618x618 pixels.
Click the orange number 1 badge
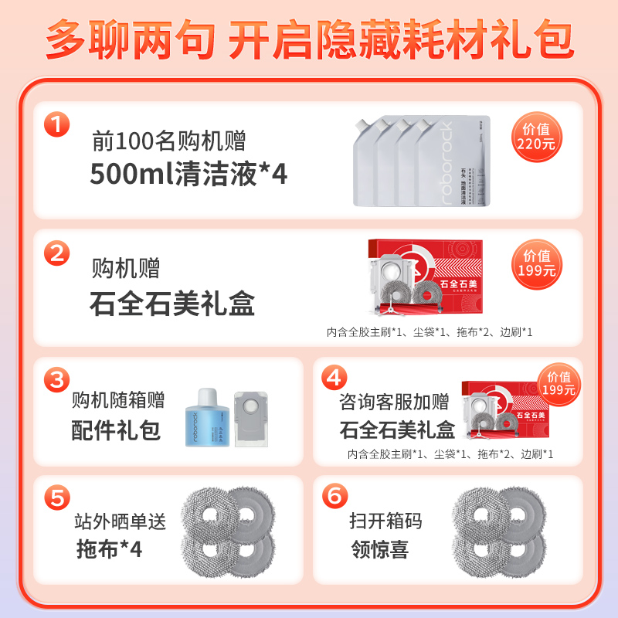tap(57, 125)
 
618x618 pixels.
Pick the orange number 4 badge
tap(334, 378)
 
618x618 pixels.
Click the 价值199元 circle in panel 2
tap(538, 263)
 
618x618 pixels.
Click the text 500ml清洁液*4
tap(188, 174)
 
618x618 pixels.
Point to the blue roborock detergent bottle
tap(206, 419)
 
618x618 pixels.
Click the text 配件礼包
tap(116, 430)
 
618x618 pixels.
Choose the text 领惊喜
tap(379, 549)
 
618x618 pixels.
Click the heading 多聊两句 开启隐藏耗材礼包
tap(309, 39)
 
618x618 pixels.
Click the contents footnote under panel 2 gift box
tap(430, 332)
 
